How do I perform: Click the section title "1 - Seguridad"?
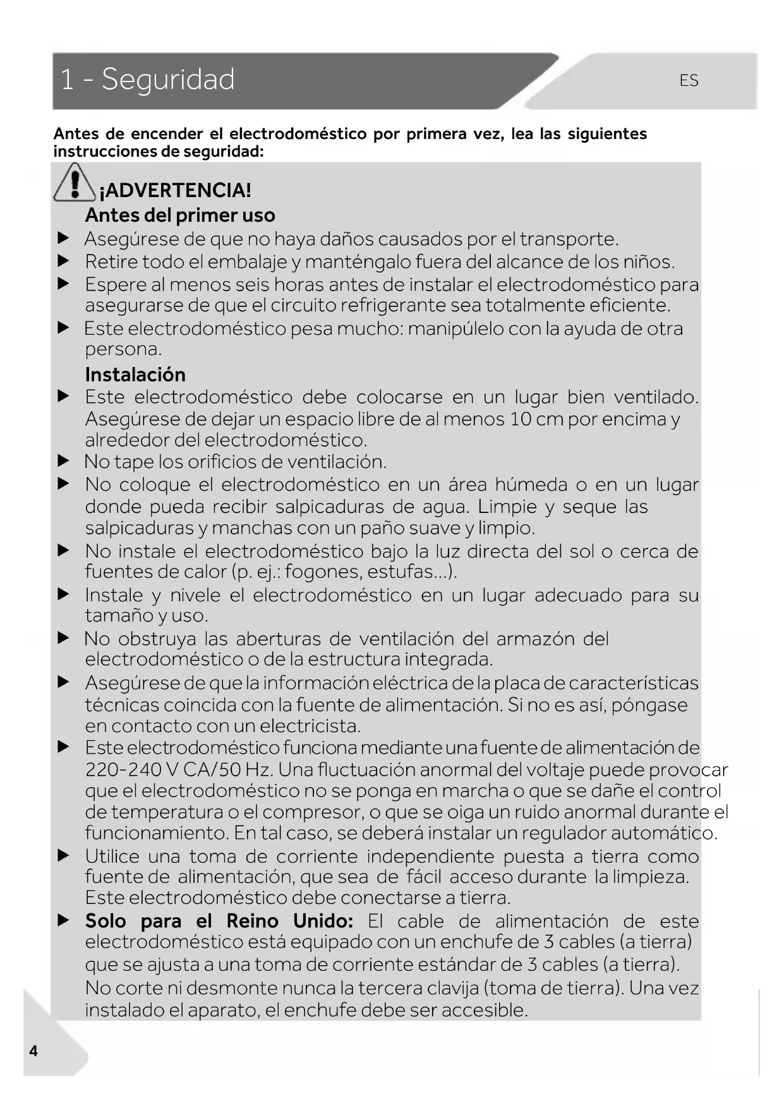pyautogui.click(x=147, y=80)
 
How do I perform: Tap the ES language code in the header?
pyautogui.click(x=689, y=81)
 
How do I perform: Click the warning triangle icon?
pyautogui.click(x=75, y=183)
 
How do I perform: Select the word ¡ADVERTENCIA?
pyautogui.click(x=175, y=190)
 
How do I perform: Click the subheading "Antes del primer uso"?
pyautogui.click(x=180, y=215)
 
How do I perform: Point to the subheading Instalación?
pyautogui.click(x=135, y=375)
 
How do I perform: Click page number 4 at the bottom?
pyautogui.click(x=33, y=1051)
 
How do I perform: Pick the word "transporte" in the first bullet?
pyautogui.click(x=567, y=239)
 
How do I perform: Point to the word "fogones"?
pyautogui.click(x=323, y=572)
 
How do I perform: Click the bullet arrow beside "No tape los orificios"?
pyautogui.click(x=63, y=462)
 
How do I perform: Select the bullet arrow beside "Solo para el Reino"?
pyautogui.click(x=63, y=920)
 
